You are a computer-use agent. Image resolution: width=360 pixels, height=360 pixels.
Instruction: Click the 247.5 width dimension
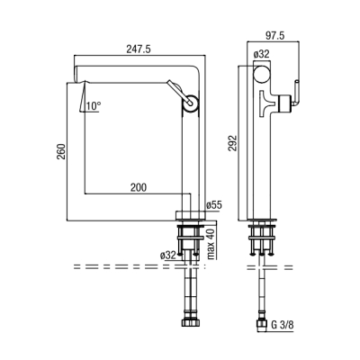(139, 49)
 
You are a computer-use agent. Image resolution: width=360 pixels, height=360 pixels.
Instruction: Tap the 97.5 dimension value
(274, 35)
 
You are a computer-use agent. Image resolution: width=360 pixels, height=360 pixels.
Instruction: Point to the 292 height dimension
(233, 143)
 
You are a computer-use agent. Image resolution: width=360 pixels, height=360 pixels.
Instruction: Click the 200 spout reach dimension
(139, 187)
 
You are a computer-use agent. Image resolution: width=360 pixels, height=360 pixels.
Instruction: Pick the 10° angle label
(94, 105)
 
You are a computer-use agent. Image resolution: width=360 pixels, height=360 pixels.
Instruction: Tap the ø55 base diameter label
(214, 205)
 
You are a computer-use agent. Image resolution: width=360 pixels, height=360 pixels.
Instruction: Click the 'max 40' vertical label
(211, 244)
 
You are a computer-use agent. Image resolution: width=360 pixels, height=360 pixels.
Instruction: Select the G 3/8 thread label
(282, 325)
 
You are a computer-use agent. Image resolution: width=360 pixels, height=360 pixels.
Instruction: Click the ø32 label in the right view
(261, 54)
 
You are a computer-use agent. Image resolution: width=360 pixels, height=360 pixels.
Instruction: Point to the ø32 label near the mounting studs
(168, 256)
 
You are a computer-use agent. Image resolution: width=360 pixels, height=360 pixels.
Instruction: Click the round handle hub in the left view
(190, 103)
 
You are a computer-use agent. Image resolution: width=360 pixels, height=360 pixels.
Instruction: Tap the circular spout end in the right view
(262, 74)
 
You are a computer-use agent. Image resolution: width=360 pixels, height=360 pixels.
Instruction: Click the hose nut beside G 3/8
(262, 324)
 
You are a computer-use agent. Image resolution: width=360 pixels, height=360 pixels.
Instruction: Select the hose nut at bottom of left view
(190, 322)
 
